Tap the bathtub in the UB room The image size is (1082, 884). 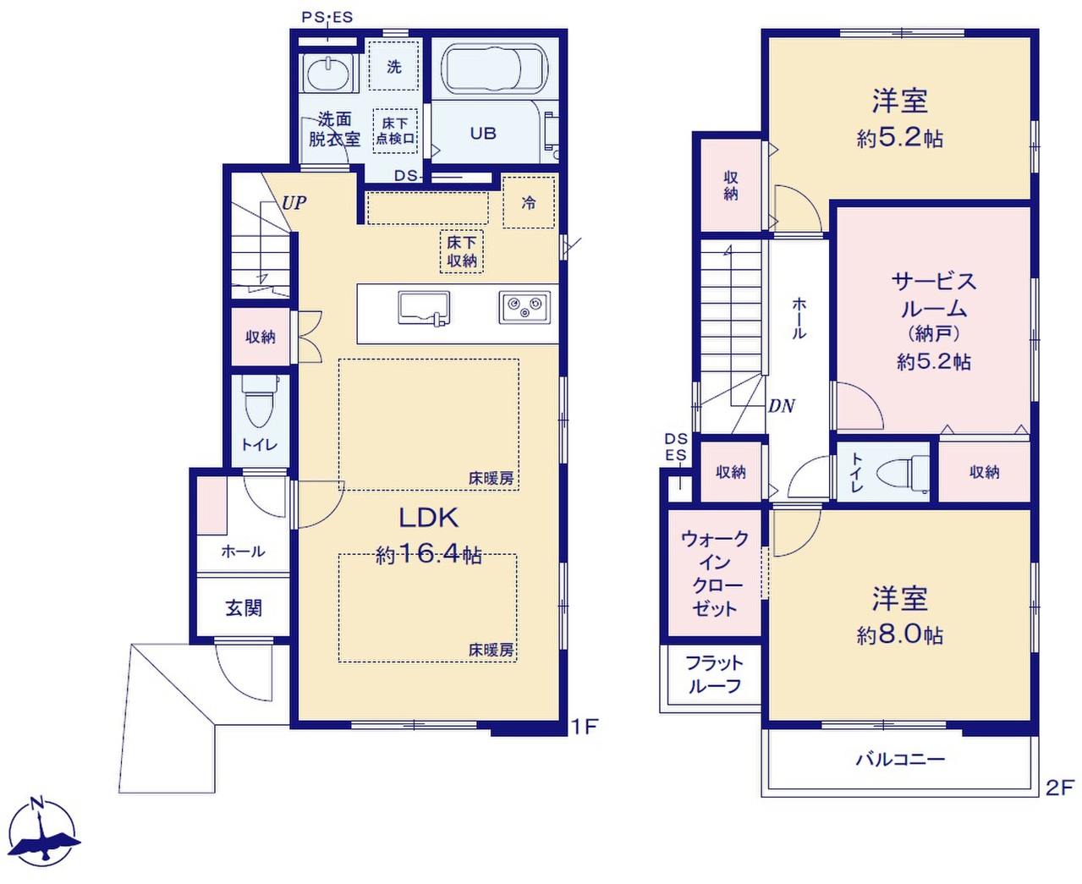point(494,69)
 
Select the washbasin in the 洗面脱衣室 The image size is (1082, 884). point(327,74)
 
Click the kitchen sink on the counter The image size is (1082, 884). point(424,309)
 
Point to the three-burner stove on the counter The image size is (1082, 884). point(525,307)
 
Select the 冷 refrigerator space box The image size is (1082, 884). point(529,202)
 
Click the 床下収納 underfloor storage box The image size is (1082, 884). point(462,251)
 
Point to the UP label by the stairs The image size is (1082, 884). point(294,203)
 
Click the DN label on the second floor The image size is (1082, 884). point(782,406)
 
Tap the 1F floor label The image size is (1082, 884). point(585,727)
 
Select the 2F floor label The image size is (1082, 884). point(1059,788)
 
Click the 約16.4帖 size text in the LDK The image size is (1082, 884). point(428,555)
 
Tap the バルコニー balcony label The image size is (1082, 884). point(900,760)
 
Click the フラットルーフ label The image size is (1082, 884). point(715,674)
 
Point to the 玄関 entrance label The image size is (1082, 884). point(244,608)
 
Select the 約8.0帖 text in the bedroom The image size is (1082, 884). point(900,635)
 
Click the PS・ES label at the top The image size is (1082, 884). point(327,18)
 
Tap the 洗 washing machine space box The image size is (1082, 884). point(394,66)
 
